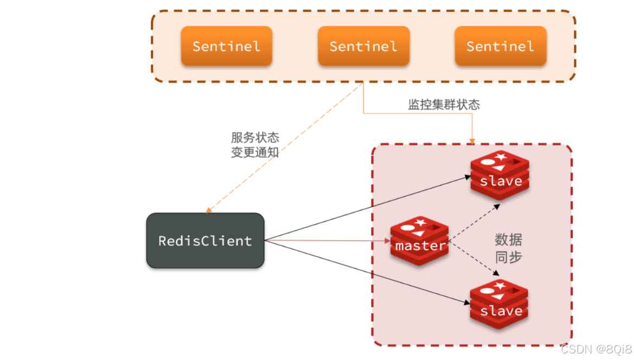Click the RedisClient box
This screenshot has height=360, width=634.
(x=205, y=241)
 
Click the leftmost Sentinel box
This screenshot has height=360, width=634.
(x=226, y=46)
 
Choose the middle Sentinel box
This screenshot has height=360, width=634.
(x=363, y=46)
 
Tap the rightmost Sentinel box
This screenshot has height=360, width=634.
(x=500, y=46)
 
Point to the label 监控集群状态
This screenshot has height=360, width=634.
(x=444, y=105)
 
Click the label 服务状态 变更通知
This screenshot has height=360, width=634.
(x=255, y=145)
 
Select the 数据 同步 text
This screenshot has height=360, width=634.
(x=508, y=248)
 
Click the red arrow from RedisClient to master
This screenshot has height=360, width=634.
(x=325, y=240)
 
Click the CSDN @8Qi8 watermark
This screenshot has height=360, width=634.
(x=596, y=349)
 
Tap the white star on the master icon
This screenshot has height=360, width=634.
(x=420, y=221)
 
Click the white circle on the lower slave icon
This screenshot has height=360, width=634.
(x=486, y=291)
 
